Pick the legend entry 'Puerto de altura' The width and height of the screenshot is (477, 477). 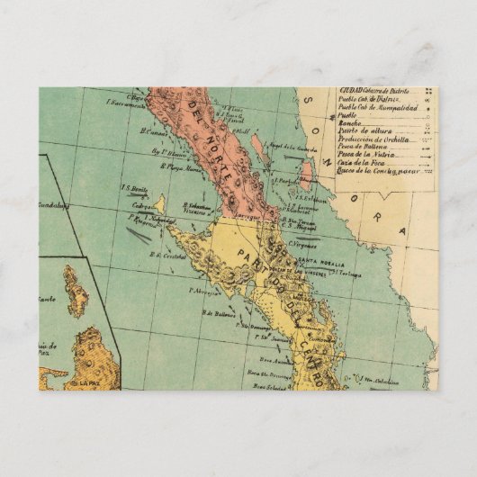[365, 131]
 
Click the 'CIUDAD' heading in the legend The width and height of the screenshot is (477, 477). [351, 91]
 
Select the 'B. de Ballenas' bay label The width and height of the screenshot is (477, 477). [219, 314]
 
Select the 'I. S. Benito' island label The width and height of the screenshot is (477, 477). [134, 188]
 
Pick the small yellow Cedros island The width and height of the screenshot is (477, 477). [158, 205]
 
